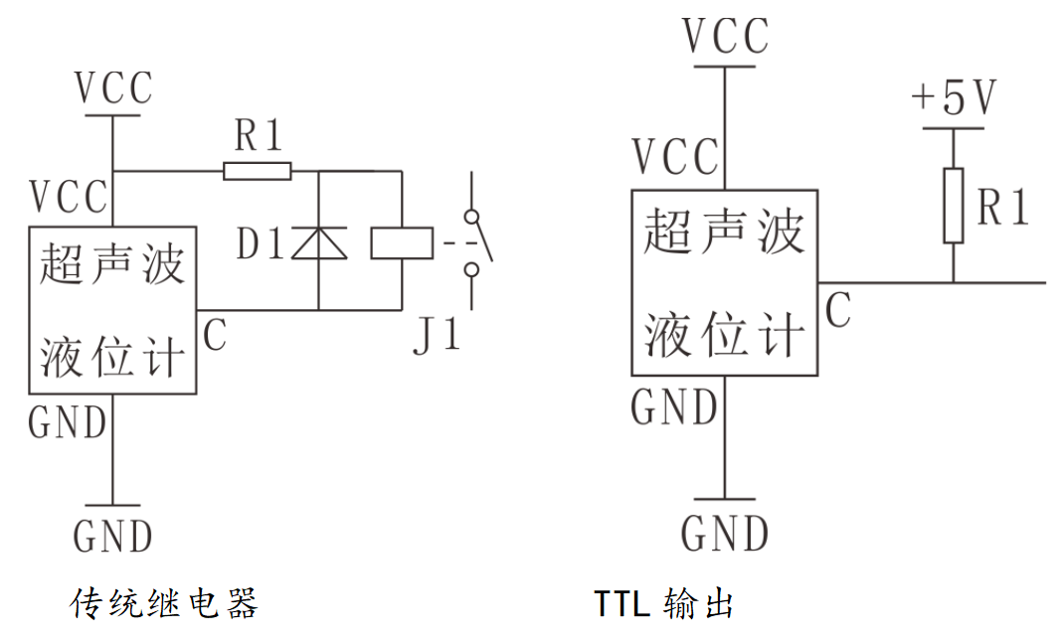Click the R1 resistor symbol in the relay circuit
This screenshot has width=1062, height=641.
coord(258,172)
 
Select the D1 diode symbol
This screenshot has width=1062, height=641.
coord(318,242)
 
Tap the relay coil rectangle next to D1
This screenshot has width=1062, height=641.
coord(402,242)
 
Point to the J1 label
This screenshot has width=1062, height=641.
coord(438,336)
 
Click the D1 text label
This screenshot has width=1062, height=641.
coord(262,244)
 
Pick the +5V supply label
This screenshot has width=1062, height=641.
coord(954,98)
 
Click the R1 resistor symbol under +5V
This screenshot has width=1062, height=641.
coord(954,206)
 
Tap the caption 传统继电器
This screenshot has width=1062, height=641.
coord(165,602)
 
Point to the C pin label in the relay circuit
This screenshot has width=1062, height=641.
coord(214,335)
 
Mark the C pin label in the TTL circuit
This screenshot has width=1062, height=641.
coord(837,311)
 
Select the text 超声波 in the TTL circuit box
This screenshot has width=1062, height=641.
coord(724,235)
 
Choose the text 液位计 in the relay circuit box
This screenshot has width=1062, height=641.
coord(111,355)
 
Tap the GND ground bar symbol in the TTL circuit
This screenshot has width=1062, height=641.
coord(725,498)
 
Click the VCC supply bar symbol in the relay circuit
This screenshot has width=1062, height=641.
coord(113,115)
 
